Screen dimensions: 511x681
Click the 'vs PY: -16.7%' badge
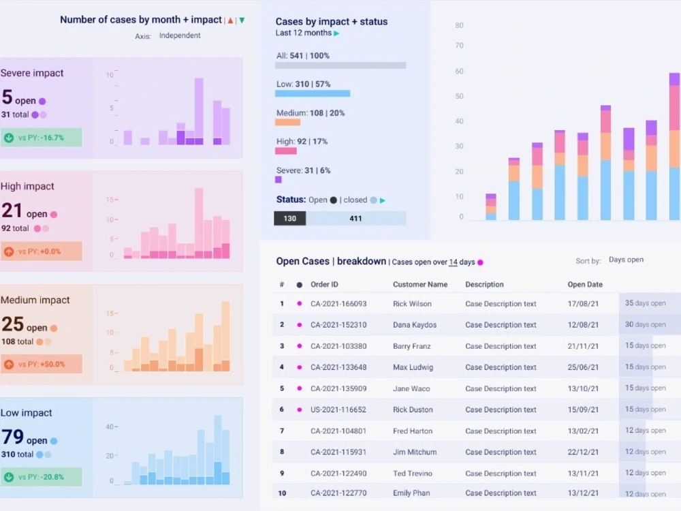tap(42, 138)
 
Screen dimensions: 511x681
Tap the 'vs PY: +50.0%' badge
tap(42, 365)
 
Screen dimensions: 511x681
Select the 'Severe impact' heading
tap(32, 73)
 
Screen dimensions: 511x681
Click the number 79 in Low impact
tap(13, 437)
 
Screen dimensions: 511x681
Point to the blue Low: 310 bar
tap(313, 93)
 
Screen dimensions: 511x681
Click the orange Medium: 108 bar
tap(287, 122)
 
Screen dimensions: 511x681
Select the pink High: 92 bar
tap(285, 151)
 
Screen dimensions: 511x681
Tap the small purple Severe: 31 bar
tap(278, 180)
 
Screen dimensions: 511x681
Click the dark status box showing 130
tap(289, 219)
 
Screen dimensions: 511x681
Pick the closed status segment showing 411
tap(355, 219)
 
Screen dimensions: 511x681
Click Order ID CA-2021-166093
tap(338, 304)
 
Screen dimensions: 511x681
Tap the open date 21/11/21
tap(584, 346)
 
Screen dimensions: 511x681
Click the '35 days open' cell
tap(646, 303)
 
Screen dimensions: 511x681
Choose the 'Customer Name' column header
tap(420, 284)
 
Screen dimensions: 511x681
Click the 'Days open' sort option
tap(626, 260)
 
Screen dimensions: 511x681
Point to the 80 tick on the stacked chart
tap(459, 26)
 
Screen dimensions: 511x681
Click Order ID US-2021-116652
tap(338, 410)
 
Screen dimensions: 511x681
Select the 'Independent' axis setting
tap(180, 35)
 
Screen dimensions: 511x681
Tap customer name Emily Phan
tap(412, 493)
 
